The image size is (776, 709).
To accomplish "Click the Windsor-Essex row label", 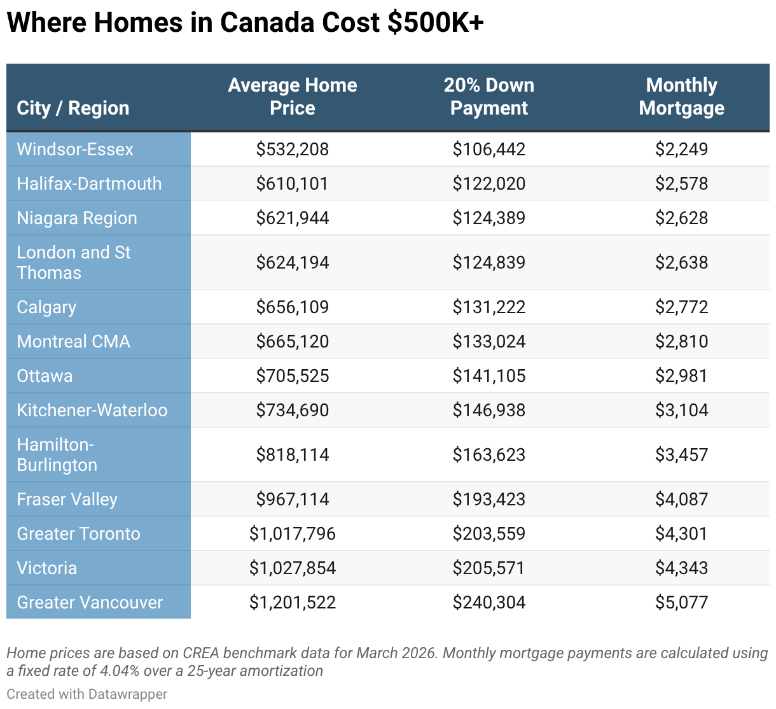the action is (x=74, y=150).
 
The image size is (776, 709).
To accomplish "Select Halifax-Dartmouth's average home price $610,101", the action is (x=292, y=183).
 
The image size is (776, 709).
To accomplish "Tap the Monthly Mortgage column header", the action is (x=681, y=96).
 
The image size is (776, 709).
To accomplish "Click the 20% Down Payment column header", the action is (x=489, y=96).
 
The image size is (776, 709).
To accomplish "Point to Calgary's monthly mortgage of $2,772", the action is (x=681, y=307).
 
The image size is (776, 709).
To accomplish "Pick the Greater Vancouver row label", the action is (x=90, y=603).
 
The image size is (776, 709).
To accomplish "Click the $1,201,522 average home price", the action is (x=293, y=603).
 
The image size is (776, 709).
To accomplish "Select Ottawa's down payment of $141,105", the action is (x=489, y=376).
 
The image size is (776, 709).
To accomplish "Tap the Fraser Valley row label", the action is (x=67, y=500).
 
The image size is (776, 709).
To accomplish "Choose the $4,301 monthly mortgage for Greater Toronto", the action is (x=681, y=533).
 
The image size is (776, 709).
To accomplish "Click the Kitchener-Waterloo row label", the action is (x=92, y=411).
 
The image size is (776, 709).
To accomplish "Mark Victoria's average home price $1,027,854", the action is (x=293, y=568).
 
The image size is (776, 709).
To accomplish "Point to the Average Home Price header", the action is (x=293, y=96).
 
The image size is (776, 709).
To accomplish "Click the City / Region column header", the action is (x=73, y=108).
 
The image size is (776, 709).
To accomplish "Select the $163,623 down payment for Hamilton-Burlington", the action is (x=489, y=454).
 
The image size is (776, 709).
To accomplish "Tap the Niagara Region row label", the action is (x=77, y=218).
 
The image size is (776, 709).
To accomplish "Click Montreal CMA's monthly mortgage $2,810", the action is (x=681, y=342).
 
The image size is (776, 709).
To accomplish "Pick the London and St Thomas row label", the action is (x=74, y=263).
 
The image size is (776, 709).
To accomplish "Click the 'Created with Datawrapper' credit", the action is (x=87, y=694).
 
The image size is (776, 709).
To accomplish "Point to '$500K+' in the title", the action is (x=435, y=22).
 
